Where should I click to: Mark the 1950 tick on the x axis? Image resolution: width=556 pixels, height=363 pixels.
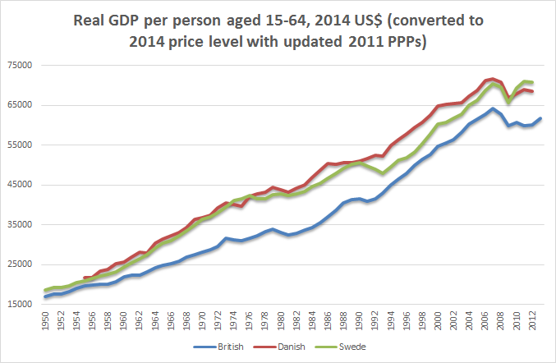[x=44, y=321]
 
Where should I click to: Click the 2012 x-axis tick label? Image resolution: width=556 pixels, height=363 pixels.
[x=533, y=321]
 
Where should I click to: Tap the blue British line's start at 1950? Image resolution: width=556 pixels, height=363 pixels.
[x=44, y=296]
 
